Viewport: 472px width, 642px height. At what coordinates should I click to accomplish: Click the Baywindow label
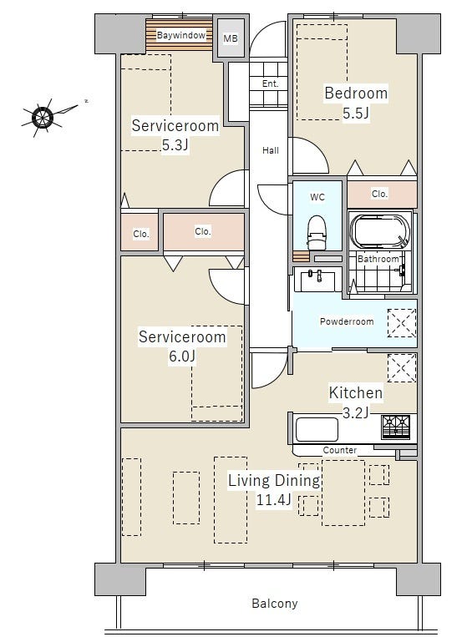180,35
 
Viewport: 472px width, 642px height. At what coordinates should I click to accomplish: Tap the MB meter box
231,38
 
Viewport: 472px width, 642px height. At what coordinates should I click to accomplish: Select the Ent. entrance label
270,83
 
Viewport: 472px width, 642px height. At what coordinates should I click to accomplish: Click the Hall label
271,150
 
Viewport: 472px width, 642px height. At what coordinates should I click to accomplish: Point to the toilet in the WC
317,233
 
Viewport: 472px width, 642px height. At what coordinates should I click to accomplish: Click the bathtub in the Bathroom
380,231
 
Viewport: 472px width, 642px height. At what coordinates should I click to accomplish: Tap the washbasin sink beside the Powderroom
317,280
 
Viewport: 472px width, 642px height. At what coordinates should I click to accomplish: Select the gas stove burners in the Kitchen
395,427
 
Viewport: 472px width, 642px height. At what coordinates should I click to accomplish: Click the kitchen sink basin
317,429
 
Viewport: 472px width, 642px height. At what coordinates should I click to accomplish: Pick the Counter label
340,450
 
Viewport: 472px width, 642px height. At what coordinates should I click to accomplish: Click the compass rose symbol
43,117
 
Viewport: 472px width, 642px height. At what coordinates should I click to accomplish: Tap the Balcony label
275,603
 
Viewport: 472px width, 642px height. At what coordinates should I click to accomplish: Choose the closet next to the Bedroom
382,194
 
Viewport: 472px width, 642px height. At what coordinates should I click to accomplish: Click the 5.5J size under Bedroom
356,113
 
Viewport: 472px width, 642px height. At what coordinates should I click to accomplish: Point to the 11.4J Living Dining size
274,499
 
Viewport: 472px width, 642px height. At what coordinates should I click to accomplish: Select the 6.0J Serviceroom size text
182,356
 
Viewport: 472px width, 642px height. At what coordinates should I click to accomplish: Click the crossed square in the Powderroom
402,323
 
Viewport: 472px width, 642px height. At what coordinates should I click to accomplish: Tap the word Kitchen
356,392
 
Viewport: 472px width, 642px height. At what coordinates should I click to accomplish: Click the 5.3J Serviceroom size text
175,144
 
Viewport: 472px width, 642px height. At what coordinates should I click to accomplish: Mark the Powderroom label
347,321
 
